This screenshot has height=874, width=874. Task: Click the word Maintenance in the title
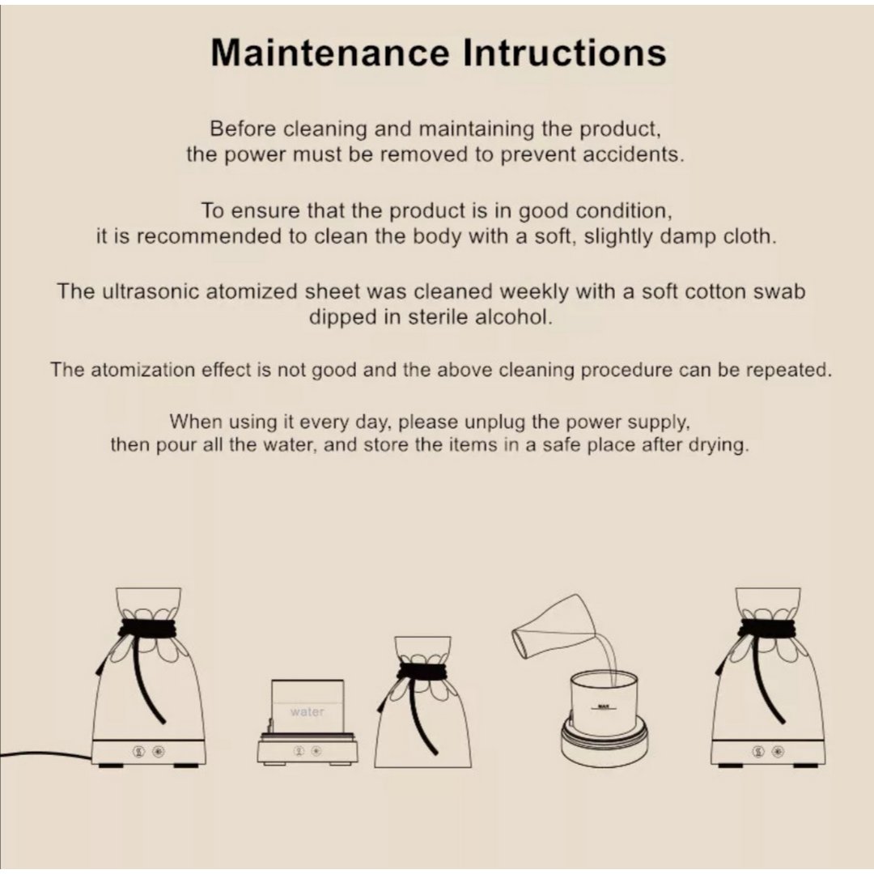click(330, 53)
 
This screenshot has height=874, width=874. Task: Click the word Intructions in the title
click(565, 53)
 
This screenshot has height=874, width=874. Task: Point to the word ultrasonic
click(151, 291)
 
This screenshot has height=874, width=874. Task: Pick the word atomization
click(142, 370)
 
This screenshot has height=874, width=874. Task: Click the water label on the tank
click(308, 712)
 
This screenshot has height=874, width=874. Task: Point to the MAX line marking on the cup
click(603, 707)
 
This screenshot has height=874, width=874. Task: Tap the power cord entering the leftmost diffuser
click(45, 754)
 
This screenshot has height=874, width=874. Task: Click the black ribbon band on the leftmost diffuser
click(147, 629)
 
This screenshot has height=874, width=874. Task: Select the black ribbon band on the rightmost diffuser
click(767, 629)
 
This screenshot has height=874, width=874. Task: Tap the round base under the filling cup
click(604, 740)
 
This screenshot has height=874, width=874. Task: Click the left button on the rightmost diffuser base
click(758, 752)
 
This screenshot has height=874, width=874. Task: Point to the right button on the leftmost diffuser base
click(159, 752)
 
